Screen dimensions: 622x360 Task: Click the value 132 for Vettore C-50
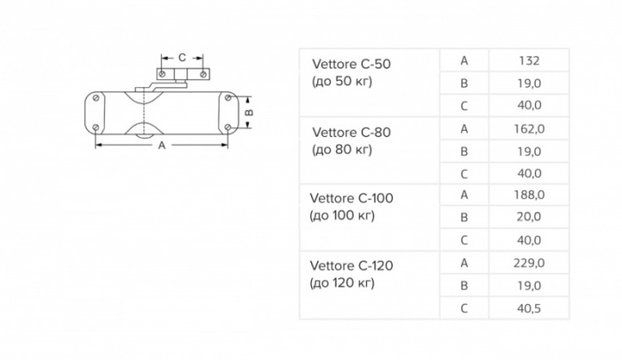tap(530, 60)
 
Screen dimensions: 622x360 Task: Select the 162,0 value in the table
tap(530, 129)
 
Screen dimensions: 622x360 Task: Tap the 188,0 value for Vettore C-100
tap(530, 195)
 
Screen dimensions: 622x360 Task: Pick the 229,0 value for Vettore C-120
tap(530, 263)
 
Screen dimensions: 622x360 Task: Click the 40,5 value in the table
tap(530, 308)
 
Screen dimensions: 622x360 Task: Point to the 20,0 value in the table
tap(530, 217)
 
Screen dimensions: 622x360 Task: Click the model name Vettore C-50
tap(352, 64)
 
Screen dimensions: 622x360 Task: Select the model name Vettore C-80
tap(352, 132)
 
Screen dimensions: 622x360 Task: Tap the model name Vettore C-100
tap(352, 198)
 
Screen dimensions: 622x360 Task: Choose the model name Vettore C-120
tap(352, 266)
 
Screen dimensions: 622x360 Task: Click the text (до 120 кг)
tap(342, 283)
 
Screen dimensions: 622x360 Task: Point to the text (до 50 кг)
tap(342, 82)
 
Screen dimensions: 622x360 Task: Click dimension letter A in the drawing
tap(162, 146)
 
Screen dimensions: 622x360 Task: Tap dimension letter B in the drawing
tap(249, 112)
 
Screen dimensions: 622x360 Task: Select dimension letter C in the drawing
tap(182, 58)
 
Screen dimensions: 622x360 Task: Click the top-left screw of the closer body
tap(96, 98)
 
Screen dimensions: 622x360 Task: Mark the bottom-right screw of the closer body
tap(227, 127)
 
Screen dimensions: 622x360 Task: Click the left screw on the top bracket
tap(162, 74)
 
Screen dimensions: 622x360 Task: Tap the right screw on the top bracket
tap(203, 74)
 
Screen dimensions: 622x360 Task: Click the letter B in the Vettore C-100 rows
tap(464, 217)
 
